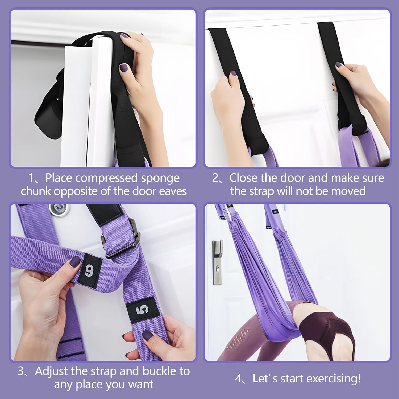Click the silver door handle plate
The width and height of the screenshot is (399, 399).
click(217, 262)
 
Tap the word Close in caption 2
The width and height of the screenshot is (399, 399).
click(244, 178)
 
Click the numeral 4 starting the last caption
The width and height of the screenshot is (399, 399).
click(238, 379)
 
